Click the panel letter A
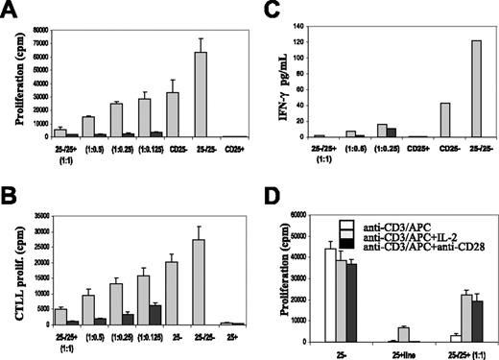(11, 11)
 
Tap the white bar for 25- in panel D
(332, 295)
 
